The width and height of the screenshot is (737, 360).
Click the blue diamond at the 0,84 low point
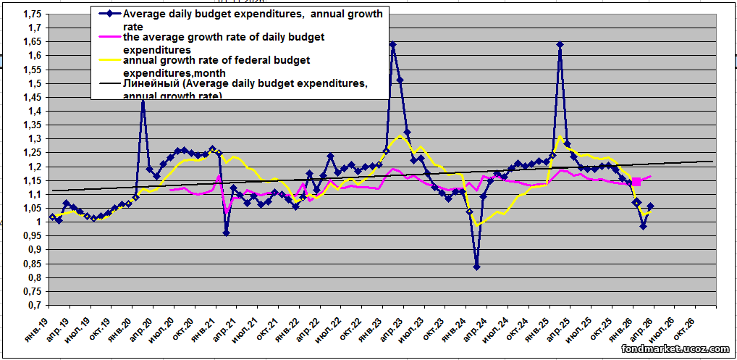tap(476, 267)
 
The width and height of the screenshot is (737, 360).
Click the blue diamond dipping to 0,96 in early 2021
tap(226, 233)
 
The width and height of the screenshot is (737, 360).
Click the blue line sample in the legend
tap(107, 14)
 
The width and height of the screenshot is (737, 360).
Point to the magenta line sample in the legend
tap(107, 37)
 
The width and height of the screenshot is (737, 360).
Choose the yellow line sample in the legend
tap(107, 60)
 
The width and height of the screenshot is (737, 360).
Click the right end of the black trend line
tap(713, 162)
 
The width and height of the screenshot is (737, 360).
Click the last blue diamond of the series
tap(650, 206)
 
